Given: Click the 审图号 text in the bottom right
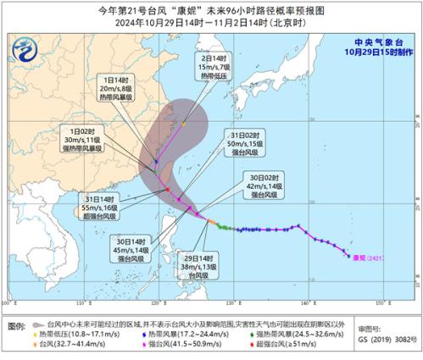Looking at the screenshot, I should tap(370, 326).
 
